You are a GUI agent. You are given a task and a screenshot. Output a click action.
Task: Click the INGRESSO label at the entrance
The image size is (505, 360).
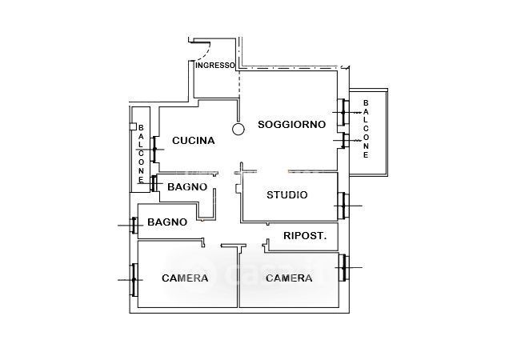point(215,66)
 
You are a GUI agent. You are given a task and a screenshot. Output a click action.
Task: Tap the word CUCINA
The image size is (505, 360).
point(193,141)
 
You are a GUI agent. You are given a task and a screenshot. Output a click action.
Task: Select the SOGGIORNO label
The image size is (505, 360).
point(291,125)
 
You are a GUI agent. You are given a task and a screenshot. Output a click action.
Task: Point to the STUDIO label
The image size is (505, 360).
point(287,194)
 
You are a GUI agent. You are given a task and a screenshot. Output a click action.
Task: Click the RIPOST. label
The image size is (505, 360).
point(305,236)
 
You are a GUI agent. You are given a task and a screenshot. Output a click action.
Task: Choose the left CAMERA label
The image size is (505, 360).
point(185,278)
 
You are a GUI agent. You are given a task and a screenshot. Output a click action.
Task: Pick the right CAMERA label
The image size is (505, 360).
point(288,278)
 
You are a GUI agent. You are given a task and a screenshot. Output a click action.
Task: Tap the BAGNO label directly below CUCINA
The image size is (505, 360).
point(187,187)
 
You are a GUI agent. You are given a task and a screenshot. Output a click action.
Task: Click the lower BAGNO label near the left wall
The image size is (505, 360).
point(167,222)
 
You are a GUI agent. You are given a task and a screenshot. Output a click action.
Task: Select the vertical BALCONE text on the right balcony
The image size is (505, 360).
point(366,129)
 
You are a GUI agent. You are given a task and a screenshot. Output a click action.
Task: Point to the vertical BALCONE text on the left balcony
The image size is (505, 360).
point(141,154)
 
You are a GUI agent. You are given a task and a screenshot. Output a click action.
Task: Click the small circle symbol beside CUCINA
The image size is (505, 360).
point(238,129)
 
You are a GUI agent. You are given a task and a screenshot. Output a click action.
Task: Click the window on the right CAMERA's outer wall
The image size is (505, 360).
point(342,267)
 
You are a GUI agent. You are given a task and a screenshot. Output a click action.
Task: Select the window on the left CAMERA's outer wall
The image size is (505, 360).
point(134,279)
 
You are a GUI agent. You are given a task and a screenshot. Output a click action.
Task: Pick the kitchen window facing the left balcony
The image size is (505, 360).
point(155,147)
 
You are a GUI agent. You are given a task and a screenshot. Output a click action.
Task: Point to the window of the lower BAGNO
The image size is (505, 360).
point(134,226)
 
